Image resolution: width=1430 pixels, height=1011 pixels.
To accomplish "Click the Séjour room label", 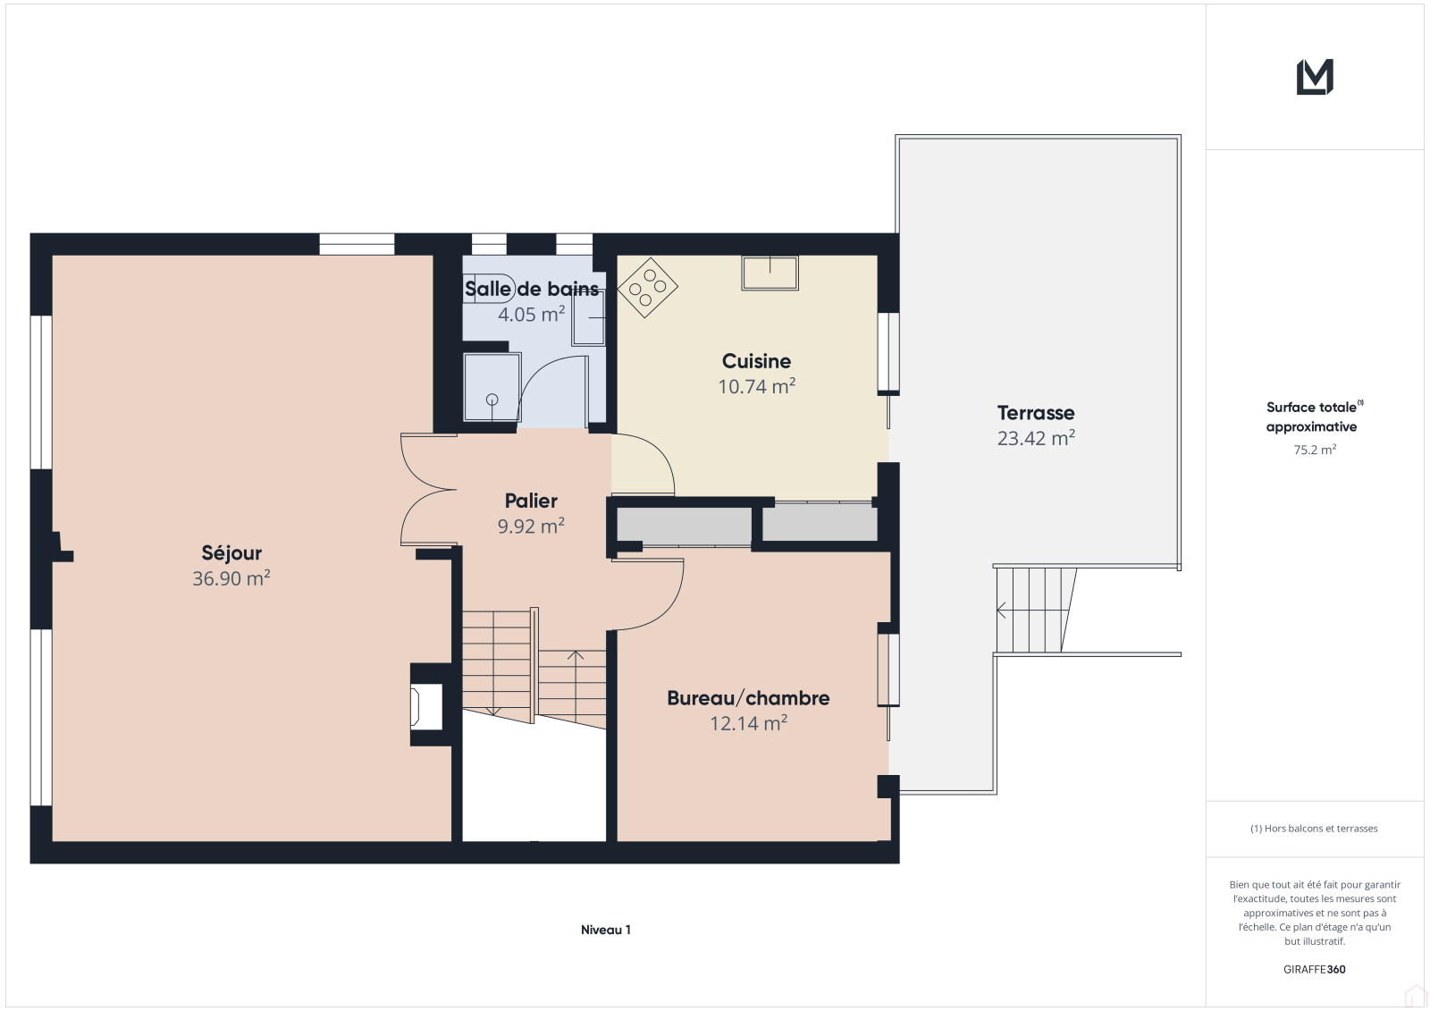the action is [x=231, y=553].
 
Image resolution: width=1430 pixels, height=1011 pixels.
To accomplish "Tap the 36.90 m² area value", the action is [x=231, y=578].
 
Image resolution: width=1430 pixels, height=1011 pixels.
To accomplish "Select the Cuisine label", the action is [x=756, y=361].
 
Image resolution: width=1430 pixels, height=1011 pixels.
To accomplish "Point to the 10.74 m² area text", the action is [x=756, y=386].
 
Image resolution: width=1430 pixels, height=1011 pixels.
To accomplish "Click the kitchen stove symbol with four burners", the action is [x=647, y=288].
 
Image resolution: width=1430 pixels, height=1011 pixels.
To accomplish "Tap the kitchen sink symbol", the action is [x=770, y=274].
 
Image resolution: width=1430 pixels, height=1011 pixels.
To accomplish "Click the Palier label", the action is [x=531, y=501].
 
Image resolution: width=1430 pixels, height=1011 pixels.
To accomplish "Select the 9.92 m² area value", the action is [x=531, y=526].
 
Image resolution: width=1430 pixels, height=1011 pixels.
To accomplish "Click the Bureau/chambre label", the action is [x=748, y=698].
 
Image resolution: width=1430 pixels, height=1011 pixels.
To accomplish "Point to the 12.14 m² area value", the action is [x=748, y=723].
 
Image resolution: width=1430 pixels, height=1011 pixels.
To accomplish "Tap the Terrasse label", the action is [x=1036, y=413].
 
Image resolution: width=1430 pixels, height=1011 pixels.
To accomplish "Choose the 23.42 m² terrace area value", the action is [x=1036, y=438].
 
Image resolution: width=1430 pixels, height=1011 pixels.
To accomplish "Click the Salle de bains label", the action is [x=531, y=290].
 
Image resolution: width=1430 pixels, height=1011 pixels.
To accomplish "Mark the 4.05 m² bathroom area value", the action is [x=531, y=315].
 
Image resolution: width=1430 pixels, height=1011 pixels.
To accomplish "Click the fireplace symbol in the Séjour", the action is [x=426, y=705].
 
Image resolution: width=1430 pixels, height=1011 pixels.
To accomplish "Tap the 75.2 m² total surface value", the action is [x=1315, y=450].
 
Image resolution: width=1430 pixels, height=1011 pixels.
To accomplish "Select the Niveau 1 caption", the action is [x=606, y=930].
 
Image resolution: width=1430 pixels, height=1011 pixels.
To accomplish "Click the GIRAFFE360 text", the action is [x=1315, y=970].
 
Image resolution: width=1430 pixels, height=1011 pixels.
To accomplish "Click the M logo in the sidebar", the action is [x=1315, y=77].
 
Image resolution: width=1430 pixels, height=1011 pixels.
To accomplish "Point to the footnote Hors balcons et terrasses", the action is [x=1314, y=829].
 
